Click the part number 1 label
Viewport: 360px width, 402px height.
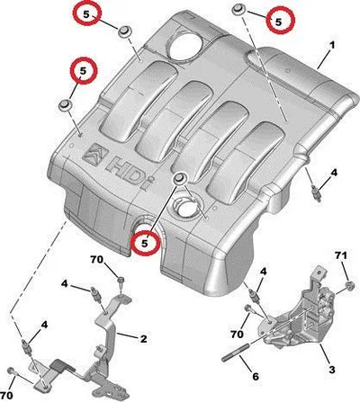pos(332,46)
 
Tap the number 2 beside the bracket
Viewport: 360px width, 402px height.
pos(144,339)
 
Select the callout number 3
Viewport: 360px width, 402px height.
pos(331,370)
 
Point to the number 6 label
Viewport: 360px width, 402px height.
pos(256,377)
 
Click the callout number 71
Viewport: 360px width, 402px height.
pos(341,255)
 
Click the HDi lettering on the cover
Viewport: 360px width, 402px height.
pos(129,174)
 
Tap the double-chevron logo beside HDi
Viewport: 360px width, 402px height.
pos(94,154)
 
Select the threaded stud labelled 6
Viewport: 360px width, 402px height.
pos(236,353)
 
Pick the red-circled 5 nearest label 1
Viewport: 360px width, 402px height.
pos(281,21)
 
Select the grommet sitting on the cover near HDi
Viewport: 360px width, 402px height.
pos(180,178)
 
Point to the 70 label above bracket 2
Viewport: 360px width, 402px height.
pos(97,260)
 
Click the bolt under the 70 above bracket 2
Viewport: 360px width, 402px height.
pos(121,281)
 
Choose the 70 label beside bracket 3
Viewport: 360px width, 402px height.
pos(237,334)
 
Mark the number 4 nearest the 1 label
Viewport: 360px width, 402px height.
pos(334,173)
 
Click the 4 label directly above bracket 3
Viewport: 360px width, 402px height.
pos(263,272)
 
